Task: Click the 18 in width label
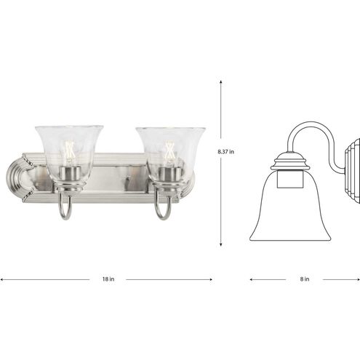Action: coord(108,279)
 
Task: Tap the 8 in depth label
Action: coord(305,279)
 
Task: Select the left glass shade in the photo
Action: coord(69,149)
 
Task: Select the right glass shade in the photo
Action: coord(170,149)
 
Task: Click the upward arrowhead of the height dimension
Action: coord(221,83)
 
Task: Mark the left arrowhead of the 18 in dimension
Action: coord(2,279)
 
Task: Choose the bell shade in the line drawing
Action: coord(290,211)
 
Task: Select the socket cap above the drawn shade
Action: coord(290,161)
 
